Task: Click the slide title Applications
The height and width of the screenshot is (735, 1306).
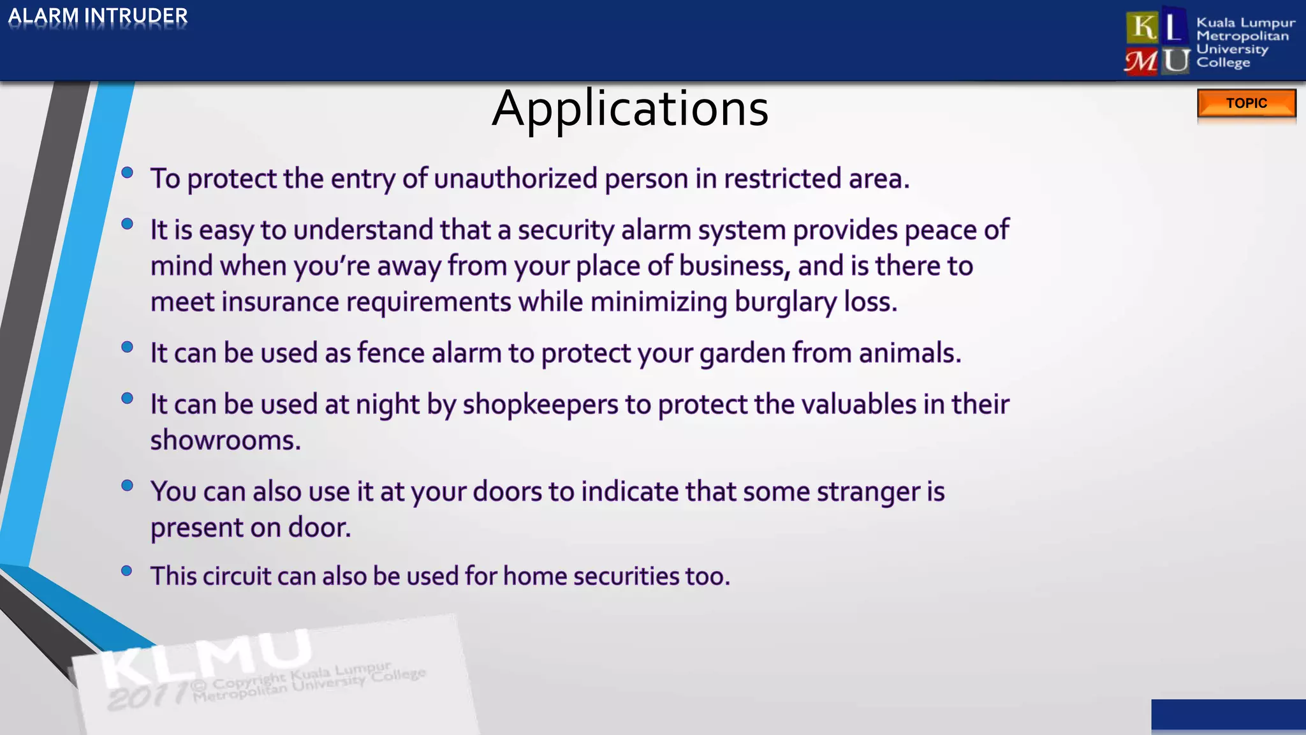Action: (630, 108)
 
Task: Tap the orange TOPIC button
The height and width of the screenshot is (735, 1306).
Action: (1246, 103)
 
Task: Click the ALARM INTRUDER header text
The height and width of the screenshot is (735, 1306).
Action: (98, 16)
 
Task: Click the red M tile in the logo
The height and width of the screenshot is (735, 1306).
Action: (1141, 62)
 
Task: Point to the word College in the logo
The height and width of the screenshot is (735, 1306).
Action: (1222, 63)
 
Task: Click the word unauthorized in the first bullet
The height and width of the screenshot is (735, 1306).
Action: (515, 179)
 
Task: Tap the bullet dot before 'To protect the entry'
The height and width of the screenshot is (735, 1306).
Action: (127, 172)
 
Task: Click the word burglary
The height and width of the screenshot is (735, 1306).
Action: (785, 302)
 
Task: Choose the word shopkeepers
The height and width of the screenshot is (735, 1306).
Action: (540, 405)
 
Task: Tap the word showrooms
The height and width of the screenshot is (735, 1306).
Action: (224, 440)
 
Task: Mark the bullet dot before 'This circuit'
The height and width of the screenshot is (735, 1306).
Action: (127, 571)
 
